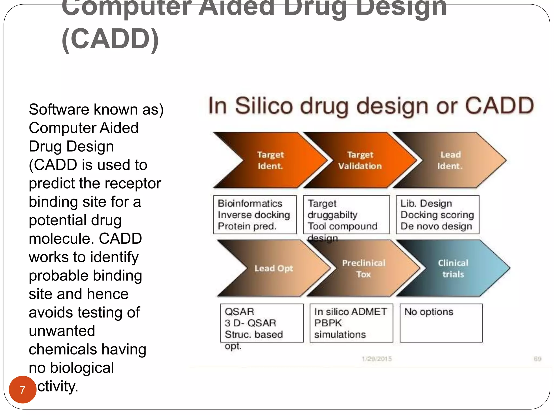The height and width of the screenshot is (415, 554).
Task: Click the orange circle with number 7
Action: (22, 389)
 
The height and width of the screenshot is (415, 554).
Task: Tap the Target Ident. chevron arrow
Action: (270, 160)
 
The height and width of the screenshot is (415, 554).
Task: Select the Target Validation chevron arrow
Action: (360, 160)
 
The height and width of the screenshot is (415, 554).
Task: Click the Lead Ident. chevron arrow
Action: (450, 160)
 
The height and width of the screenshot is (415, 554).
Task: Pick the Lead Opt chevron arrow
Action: (273, 268)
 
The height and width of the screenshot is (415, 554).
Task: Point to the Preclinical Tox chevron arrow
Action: (363, 268)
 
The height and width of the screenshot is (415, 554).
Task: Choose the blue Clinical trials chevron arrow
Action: (453, 268)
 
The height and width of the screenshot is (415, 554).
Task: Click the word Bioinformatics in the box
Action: (250, 203)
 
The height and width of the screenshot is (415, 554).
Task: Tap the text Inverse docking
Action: (254, 215)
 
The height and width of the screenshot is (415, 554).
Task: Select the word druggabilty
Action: (332, 215)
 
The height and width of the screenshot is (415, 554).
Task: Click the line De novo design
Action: (436, 226)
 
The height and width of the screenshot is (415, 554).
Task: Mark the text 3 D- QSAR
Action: (250, 323)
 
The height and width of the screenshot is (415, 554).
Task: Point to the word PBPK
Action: (328, 323)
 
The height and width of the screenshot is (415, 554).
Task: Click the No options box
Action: (441, 323)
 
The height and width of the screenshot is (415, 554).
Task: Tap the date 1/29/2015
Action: (377, 359)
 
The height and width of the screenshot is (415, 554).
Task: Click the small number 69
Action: (537, 359)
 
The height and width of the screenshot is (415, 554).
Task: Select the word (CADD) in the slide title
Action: (110, 39)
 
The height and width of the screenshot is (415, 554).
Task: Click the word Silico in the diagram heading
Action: (264, 106)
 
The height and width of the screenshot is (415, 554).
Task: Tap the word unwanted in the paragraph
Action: (62, 331)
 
